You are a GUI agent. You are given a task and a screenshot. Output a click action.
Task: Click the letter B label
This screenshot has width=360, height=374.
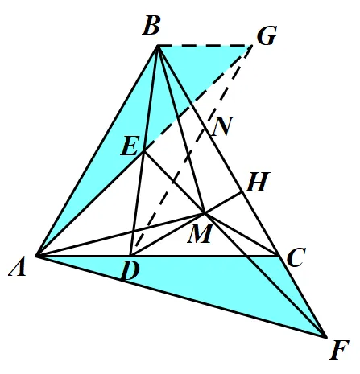click(x=151, y=26)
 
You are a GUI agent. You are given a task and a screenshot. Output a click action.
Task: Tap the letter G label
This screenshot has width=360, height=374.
click(x=267, y=35)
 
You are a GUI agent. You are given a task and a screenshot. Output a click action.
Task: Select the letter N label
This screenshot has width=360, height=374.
click(x=222, y=126)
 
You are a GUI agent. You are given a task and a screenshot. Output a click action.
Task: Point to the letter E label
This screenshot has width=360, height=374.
click(x=130, y=146)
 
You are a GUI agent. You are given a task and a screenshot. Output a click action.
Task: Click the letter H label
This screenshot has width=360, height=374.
click(x=258, y=182)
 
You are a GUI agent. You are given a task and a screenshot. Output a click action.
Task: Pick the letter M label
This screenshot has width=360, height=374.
click(x=201, y=233)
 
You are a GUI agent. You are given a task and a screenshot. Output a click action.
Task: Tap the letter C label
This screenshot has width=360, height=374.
click(x=296, y=257)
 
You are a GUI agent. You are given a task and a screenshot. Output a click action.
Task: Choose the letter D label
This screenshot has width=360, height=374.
click(x=130, y=271)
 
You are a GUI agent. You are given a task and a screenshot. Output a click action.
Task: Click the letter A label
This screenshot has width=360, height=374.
click(x=18, y=266)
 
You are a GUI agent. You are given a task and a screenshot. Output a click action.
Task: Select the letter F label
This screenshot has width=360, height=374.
click(x=339, y=349)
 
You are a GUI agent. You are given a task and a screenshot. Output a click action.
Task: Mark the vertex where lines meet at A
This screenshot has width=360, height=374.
click(x=37, y=256)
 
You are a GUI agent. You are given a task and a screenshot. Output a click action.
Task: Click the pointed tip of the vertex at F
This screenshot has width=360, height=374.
click(x=326, y=337)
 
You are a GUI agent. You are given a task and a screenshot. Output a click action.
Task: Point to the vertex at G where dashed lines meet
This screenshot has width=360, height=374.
click(x=252, y=46)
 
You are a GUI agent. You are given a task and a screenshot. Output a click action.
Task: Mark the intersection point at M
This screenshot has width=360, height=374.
click(x=205, y=213)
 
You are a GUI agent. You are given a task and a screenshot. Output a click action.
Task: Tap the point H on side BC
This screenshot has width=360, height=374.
click(x=242, y=192)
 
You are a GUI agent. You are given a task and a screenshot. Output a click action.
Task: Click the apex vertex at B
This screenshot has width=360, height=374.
click(x=157, y=46)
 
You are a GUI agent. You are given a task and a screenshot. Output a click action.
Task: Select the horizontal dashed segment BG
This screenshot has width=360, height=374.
click(x=205, y=46)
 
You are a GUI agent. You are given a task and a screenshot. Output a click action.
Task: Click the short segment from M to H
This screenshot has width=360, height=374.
click(x=223, y=203)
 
